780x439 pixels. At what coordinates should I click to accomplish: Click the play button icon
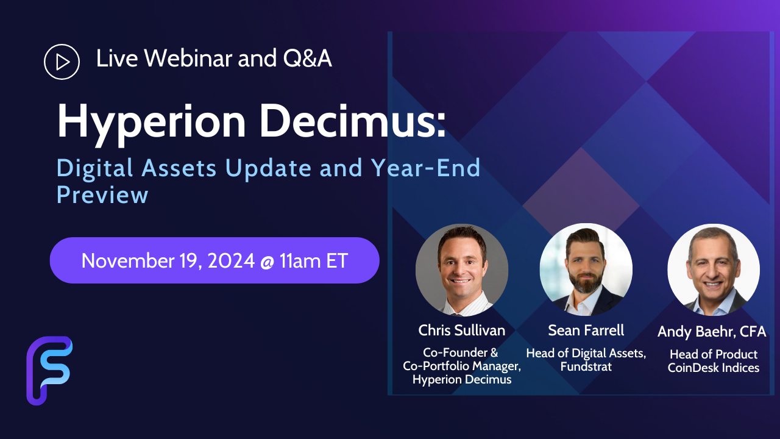[62, 62]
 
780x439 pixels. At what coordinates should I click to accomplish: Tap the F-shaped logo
[49, 370]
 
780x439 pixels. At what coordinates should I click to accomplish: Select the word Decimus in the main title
[352, 121]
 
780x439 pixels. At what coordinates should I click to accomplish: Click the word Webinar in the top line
[188, 58]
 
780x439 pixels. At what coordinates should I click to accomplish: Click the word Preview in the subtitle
[102, 195]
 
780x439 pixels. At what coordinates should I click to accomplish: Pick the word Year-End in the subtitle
[425, 168]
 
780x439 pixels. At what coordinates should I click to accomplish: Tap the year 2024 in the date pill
[231, 260]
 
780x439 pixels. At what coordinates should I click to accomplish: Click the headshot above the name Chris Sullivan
[462, 270]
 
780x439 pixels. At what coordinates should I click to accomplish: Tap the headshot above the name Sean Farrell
[586, 269]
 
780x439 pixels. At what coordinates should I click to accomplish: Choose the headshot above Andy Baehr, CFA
[714, 270]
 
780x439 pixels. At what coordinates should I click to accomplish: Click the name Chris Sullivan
[462, 330]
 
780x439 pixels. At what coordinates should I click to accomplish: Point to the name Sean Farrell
[586, 330]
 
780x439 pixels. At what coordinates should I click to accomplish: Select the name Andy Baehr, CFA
[712, 331]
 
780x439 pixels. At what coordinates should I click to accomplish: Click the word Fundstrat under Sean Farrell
[586, 366]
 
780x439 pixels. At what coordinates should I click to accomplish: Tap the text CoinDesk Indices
[714, 368]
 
